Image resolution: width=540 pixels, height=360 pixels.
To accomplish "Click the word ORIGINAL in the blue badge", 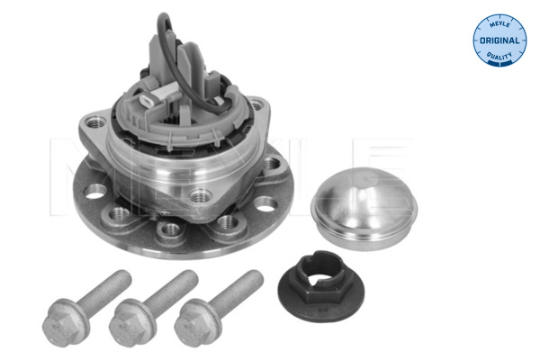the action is click(x=499, y=40).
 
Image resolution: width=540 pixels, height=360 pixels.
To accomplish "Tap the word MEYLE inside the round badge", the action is click(x=499, y=24).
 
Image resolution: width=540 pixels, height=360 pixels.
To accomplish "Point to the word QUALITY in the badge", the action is click(x=499, y=56).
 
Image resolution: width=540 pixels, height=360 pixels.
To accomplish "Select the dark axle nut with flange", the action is click(x=321, y=286).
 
